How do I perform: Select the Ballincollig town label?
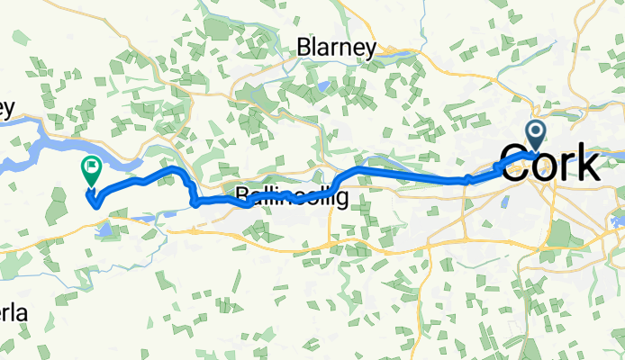[291, 195]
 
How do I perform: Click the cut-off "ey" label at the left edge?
[7, 109]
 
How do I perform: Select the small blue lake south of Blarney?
[322, 87]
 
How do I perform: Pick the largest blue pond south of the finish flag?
[105, 231]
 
